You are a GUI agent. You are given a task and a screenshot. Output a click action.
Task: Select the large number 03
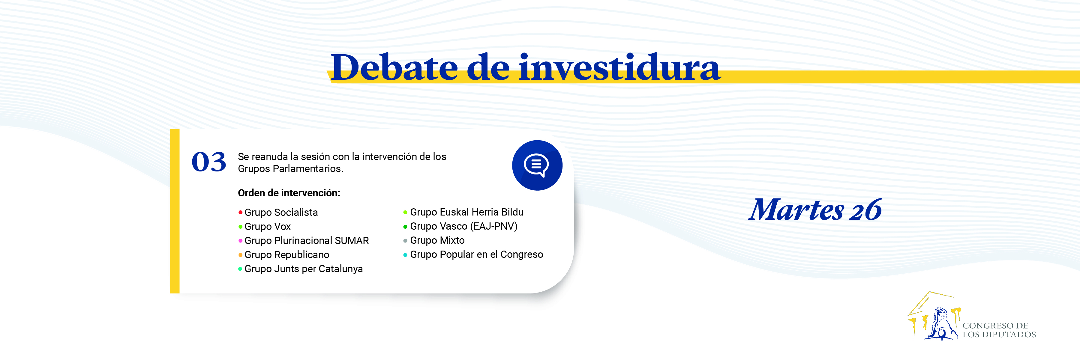coord(209,162)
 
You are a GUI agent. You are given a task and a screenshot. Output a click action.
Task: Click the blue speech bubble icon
coord(537,165)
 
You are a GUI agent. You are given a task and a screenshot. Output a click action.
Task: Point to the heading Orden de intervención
coord(289,193)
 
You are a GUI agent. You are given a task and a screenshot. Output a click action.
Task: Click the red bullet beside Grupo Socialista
coord(240,213)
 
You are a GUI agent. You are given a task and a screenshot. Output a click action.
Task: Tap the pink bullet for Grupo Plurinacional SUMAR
coord(240,241)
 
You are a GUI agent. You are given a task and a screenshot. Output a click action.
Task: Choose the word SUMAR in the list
coord(352,241)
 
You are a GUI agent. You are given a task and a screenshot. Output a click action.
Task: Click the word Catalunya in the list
coord(340,269)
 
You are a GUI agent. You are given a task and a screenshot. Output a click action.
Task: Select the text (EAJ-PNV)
coord(494,226)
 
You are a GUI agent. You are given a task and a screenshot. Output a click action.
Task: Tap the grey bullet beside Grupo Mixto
coord(405,241)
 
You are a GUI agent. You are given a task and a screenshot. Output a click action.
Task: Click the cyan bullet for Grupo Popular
coord(405,255)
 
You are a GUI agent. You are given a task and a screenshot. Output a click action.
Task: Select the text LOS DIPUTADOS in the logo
coord(999,335)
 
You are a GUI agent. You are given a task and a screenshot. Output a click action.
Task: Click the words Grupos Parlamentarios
coord(290,168)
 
